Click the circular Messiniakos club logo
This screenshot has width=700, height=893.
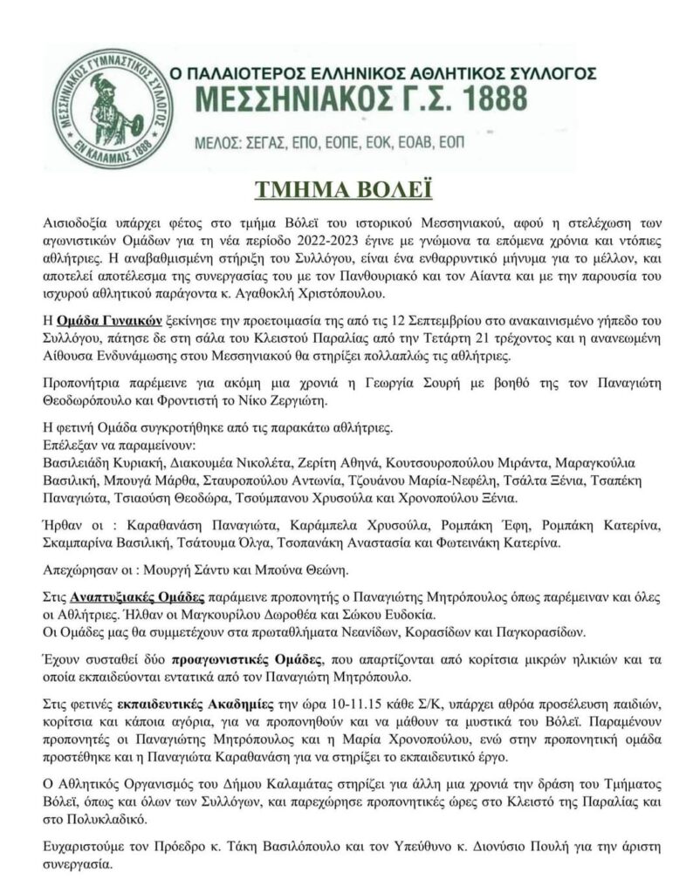pos(98,106)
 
